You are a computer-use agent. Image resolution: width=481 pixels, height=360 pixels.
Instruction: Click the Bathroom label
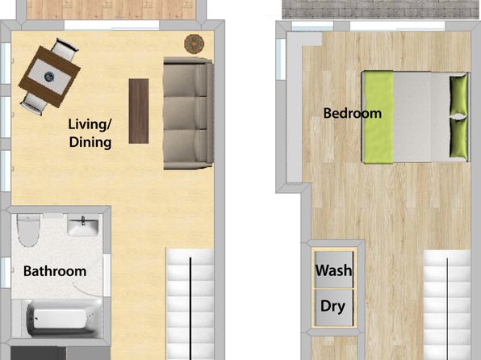click(x=55, y=271)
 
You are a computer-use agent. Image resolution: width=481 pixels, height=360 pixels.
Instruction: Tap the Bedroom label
click(x=353, y=113)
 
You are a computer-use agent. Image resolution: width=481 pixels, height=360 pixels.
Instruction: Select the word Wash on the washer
click(x=334, y=270)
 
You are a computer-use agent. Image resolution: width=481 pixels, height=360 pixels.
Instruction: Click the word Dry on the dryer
click(x=333, y=306)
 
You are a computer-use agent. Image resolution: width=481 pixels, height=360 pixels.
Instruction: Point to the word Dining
click(x=90, y=142)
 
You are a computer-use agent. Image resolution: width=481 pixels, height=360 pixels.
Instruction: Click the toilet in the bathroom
click(x=28, y=230)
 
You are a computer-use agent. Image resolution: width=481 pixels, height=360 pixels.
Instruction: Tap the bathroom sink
click(x=83, y=225)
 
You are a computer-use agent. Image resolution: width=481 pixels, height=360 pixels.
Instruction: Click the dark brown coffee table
click(x=139, y=111)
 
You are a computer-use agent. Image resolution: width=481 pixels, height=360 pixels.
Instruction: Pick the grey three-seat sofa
click(x=188, y=113)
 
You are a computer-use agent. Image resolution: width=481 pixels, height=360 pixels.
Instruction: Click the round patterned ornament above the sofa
click(x=194, y=44)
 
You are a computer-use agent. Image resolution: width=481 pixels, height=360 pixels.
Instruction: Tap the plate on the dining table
click(x=49, y=77)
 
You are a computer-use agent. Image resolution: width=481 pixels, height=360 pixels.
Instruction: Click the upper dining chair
click(x=65, y=49)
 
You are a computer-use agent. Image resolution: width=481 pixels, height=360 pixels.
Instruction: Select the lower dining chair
click(x=33, y=104)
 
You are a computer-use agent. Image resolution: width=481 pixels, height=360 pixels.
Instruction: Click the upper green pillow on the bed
click(x=458, y=95)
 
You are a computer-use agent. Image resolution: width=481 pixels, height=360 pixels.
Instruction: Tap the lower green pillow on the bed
click(x=458, y=138)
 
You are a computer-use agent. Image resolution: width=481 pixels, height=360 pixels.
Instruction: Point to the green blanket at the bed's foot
click(x=378, y=117)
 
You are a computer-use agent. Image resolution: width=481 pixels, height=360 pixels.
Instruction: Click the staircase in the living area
click(x=190, y=303)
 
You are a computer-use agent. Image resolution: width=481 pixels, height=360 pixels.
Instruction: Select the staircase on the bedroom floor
click(x=447, y=305)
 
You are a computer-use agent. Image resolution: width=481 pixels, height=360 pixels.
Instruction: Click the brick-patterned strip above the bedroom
click(x=380, y=9)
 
